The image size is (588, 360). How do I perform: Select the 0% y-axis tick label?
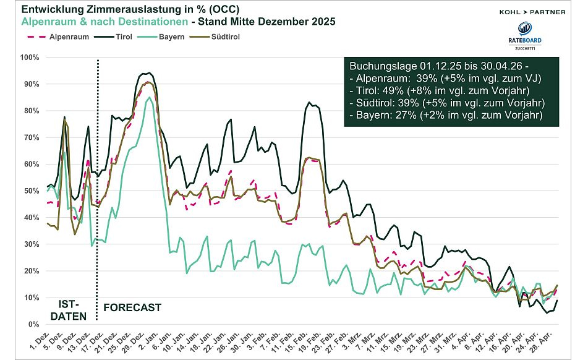[x=32, y=324]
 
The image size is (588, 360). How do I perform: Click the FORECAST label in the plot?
[x=132, y=307]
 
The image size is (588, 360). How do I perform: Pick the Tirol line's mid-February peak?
[x=309, y=102]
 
